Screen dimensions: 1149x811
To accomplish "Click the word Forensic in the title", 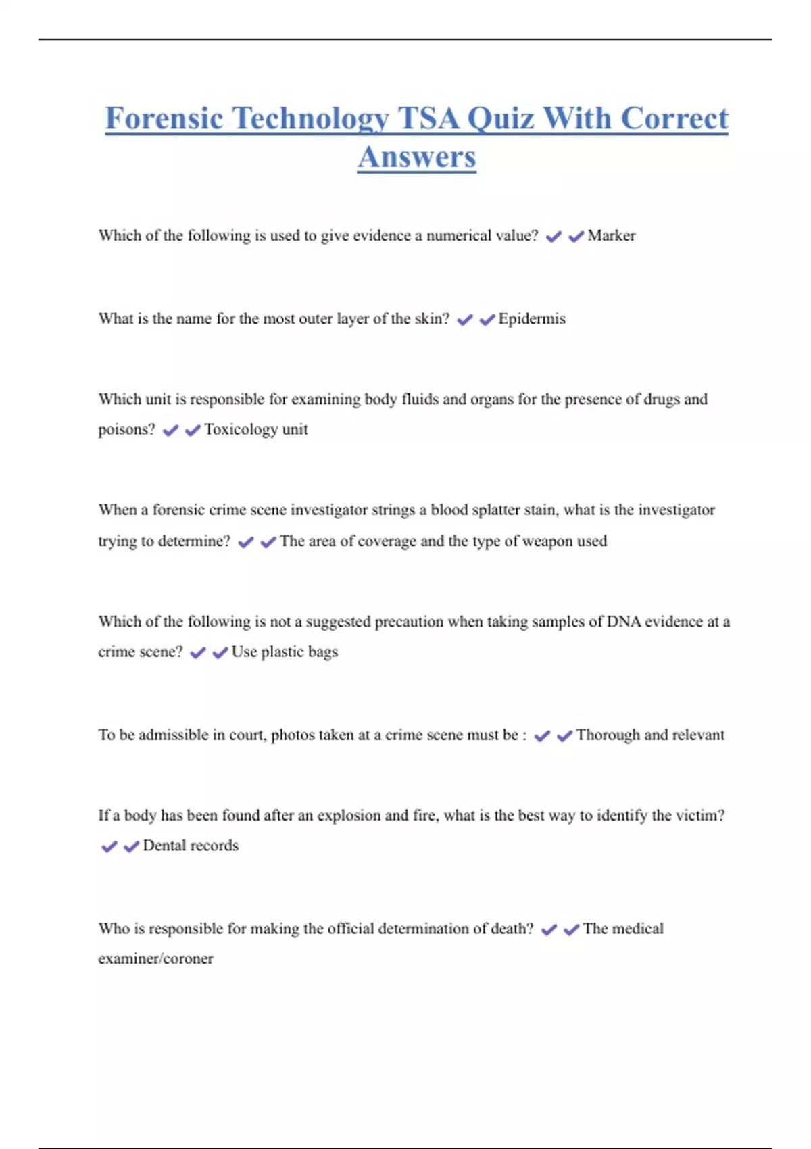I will [164, 119].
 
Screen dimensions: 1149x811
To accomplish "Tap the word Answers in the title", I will [417, 157].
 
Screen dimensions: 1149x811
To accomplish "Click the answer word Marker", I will [612, 236].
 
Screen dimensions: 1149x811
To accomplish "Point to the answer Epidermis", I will [532, 319].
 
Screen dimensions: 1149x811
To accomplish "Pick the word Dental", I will [163, 846].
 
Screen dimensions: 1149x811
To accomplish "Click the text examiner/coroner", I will [155, 959].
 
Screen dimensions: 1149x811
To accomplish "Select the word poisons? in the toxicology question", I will [126, 430].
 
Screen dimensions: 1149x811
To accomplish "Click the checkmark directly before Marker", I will [576, 237].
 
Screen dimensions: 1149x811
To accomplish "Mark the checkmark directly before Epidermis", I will [487, 320].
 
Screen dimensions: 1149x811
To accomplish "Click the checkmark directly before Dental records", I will [131, 846].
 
